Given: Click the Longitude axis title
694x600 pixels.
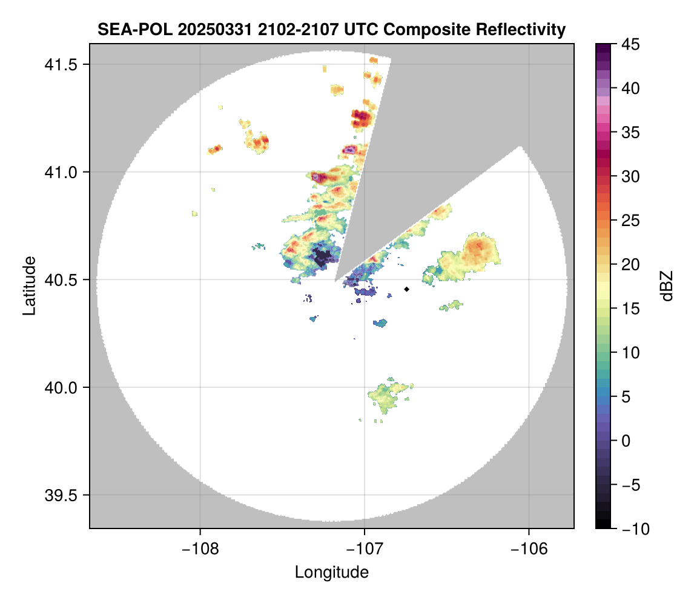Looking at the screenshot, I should coord(332,572).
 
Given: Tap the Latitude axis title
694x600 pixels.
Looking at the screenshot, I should coord(28,285).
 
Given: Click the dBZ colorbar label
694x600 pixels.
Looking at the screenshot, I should coord(667,285).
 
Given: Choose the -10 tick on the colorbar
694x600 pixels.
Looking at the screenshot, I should coord(634,529).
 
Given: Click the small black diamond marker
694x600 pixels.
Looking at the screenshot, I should coord(406,289).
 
